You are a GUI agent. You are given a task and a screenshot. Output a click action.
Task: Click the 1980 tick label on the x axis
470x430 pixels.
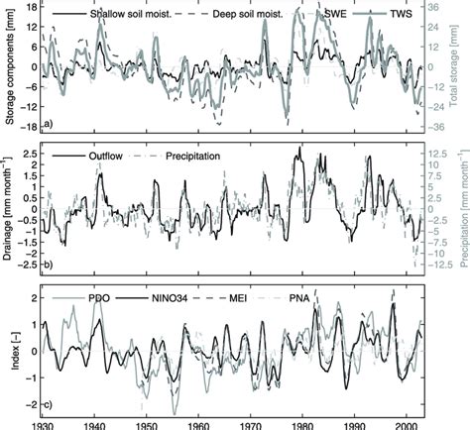pyautogui.click(x=303, y=423)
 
